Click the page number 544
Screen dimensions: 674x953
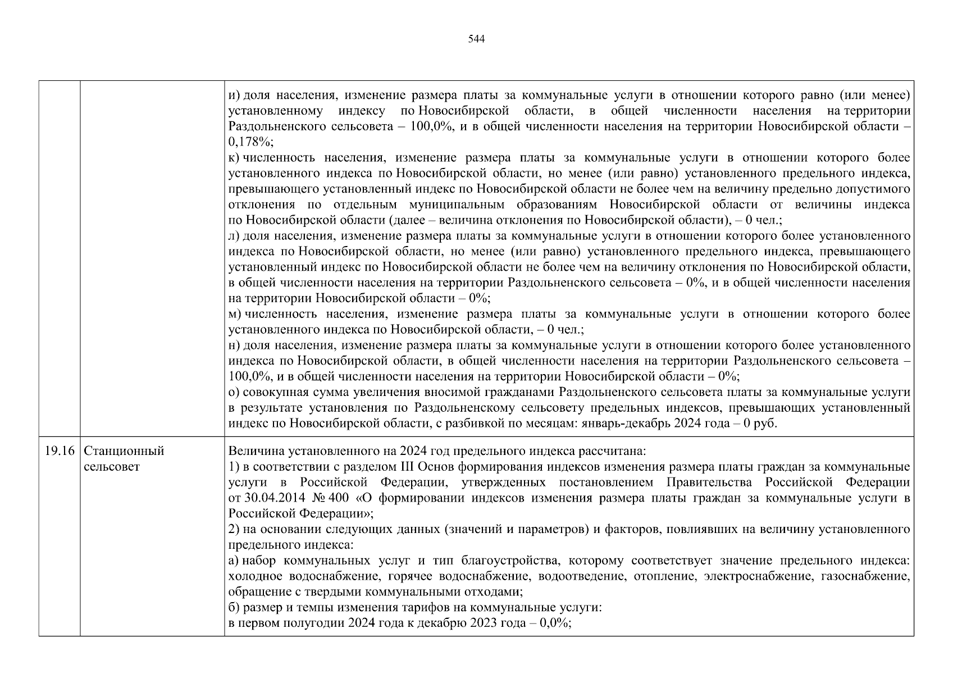point(476,39)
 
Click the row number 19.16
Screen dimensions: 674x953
point(59,451)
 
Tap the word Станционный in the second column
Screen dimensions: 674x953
point(124,451)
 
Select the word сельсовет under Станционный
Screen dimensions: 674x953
point(111,467)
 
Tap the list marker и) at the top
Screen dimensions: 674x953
point(234,95)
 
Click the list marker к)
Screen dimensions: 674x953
point(234,158)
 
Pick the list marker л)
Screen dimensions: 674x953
point(234,236)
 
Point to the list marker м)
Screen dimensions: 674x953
point(235,314)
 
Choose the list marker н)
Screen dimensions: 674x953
point(234,345)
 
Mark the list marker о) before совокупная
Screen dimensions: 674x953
point(234,392)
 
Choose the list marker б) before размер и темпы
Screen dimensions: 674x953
point(234,607)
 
